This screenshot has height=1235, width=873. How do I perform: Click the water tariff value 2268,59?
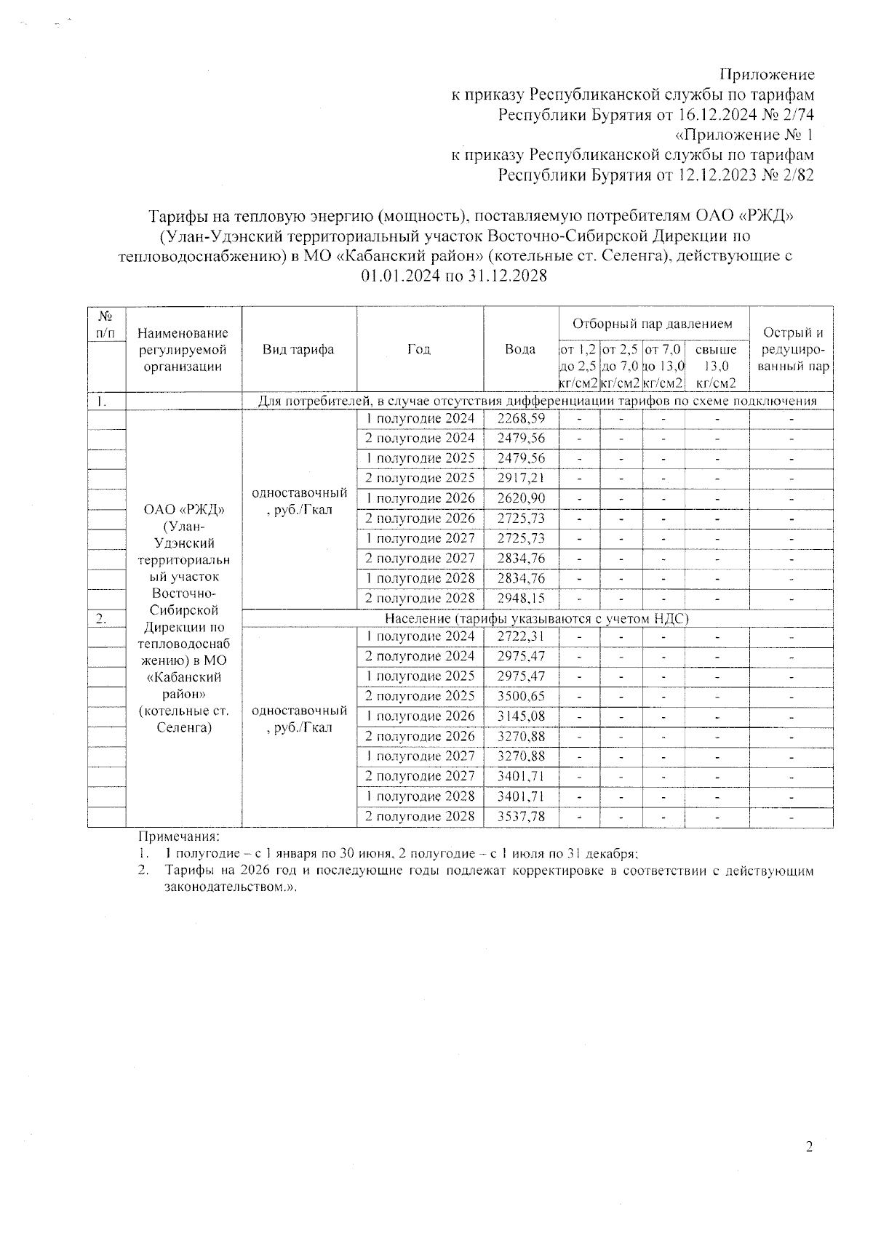[x=520, y=418]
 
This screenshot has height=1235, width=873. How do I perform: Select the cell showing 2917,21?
[x=520, y=479]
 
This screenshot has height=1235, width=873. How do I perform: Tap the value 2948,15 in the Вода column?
[x=520, y=599]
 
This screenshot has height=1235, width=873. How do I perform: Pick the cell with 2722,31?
[x=520, y=636]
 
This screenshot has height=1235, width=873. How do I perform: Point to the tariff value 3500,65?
[x=520, y=696]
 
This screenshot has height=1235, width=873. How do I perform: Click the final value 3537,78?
[x=520, y=816]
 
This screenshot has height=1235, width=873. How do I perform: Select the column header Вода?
[x=520, y=349]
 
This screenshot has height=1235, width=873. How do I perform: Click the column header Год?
[x=419, y=349]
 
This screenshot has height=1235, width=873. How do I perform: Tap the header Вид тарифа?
[x=298, y=349]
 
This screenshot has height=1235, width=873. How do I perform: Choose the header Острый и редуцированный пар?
[x=792, y=350]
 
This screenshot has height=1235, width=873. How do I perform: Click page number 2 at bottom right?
[x=809, y=1148]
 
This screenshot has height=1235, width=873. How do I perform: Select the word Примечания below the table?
[x=178, y=838]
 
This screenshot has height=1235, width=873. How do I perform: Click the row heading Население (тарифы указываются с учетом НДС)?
[x=536, y=618]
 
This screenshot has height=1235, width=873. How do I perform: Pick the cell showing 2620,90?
[x=520, y=498]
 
